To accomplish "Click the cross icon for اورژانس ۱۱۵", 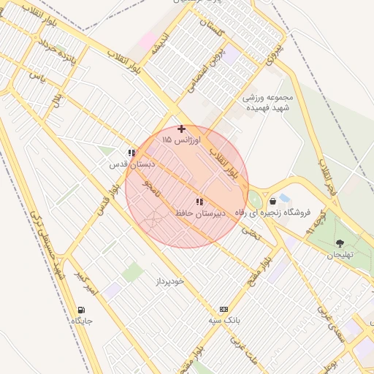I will coord(182,129).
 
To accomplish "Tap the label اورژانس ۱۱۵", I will coord(178,140).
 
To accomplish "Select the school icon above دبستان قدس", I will coord(131,153).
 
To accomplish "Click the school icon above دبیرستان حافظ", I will coord(199,202).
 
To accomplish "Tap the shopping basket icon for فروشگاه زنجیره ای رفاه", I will coord(272,201).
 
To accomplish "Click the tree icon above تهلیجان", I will coord(340,243).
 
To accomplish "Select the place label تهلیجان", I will coord(340,254).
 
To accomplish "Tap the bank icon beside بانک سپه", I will coord(223,309).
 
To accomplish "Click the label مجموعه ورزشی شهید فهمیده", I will coord(268,102).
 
